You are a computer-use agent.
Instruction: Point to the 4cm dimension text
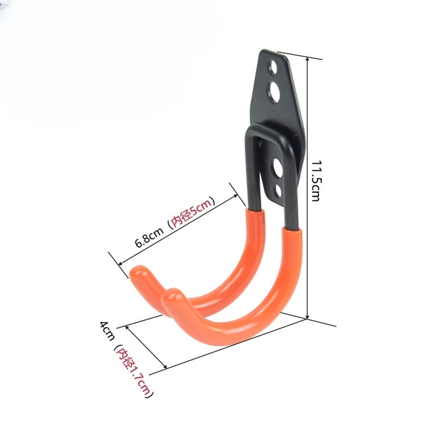pos(107,330)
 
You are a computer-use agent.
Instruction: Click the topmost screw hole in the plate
pos(273,67)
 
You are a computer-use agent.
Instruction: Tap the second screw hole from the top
pos(274,92)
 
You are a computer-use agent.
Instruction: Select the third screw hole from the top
pos(277,168)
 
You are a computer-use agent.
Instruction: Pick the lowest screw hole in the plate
pos(277,191)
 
